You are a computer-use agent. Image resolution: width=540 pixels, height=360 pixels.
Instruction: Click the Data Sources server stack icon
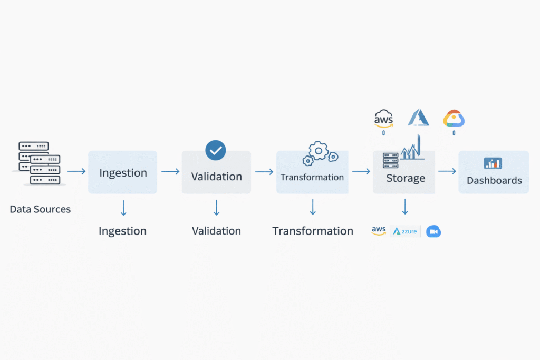(36, 163)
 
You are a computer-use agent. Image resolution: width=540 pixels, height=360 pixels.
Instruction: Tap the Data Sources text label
(40, 209)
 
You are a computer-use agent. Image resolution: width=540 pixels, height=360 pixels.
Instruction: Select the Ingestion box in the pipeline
(123, 172)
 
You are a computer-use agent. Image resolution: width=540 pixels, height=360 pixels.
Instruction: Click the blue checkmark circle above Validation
(215, 150)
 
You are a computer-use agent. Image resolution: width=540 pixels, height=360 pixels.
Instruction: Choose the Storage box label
(405, 178)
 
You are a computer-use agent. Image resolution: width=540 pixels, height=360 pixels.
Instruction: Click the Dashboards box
(494, 172)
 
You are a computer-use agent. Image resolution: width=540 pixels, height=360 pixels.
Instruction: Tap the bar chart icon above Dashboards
(493, 163)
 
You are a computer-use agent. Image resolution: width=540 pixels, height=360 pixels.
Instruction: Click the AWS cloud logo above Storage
(383, 119)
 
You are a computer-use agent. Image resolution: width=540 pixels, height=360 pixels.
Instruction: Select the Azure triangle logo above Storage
(418, 118)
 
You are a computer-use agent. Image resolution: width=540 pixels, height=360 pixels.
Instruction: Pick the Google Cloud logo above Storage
(454, 119)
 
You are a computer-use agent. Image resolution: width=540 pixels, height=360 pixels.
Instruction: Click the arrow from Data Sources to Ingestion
(76, 171)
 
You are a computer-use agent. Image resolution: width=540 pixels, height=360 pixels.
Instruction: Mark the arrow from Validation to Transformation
(264, 171)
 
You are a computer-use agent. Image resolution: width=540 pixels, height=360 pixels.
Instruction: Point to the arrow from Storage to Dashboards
(447, 171)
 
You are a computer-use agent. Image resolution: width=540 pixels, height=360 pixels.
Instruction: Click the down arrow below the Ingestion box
(123, 208)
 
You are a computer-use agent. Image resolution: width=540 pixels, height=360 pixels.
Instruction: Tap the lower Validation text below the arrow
(216, 231)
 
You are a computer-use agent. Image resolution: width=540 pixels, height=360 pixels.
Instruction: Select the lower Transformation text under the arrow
(313, 231)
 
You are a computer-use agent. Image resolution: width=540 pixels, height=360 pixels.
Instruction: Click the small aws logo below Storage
(379, 231)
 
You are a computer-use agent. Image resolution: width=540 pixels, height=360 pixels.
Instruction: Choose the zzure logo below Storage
(405, 231)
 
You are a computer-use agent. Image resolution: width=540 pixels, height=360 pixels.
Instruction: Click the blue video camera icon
(433, 231)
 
